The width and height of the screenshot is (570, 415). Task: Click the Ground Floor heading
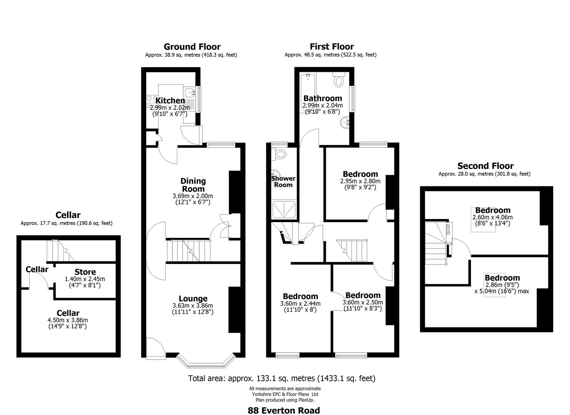[x=192, y=47]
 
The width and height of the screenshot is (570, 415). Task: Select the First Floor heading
[x=332, y=47]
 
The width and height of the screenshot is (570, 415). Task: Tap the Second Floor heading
[x=485, y=166]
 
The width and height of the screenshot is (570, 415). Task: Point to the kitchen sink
[x=190, y=92]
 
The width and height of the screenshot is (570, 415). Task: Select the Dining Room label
[x=193, y=185]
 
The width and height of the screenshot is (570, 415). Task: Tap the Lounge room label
[x=193, y=299]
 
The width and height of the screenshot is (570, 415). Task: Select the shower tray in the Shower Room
[x=284, y=209]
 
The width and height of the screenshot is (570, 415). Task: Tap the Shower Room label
[x=283, y=181]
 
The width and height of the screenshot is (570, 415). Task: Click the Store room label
[x=85, y=272]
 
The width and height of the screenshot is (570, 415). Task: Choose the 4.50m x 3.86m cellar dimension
[x=68, y=320]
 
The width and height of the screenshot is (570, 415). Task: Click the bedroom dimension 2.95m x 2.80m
[x=360, y=181]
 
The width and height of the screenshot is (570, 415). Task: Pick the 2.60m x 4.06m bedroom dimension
[x=492, y=217]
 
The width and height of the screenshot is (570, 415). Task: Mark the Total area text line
[x=281, y=378]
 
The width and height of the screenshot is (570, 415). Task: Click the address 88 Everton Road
[x=284, y=410]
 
